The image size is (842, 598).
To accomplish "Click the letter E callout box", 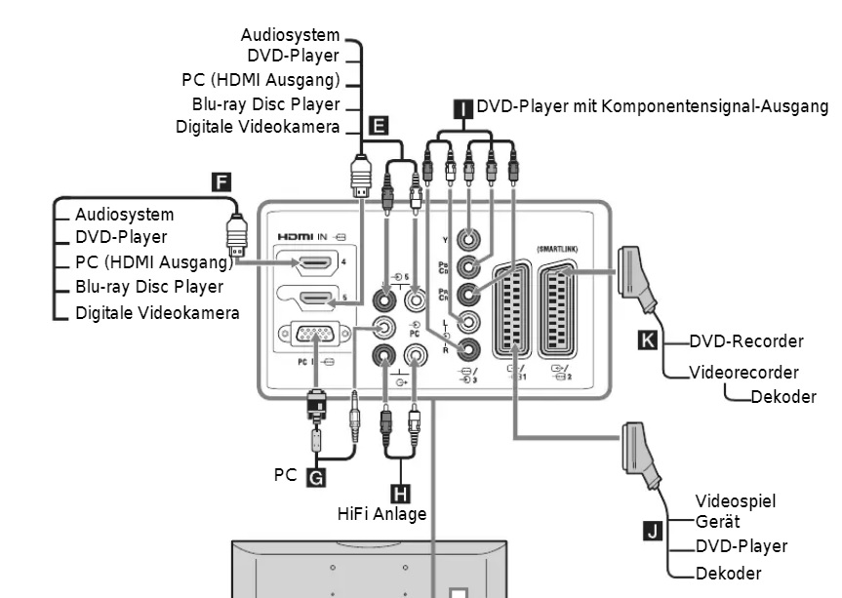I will (380, 126).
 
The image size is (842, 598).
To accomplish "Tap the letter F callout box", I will (222, 180).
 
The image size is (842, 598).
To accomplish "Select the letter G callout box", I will (315, 477).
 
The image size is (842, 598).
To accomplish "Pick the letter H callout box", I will (400, 492).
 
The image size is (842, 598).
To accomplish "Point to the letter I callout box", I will (462, 107).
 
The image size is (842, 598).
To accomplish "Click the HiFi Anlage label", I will (382, 513).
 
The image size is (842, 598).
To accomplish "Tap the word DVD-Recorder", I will (746, 341).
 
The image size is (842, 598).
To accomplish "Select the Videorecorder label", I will (744, 373).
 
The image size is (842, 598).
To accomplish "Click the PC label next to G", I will (285, 476).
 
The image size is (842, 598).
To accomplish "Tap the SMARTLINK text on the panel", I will (557, 250).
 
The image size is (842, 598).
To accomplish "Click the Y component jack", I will (471, 237).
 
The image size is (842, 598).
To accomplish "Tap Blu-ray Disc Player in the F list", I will (149, 287).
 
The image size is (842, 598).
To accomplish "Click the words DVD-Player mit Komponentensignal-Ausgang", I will (652, 106).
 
